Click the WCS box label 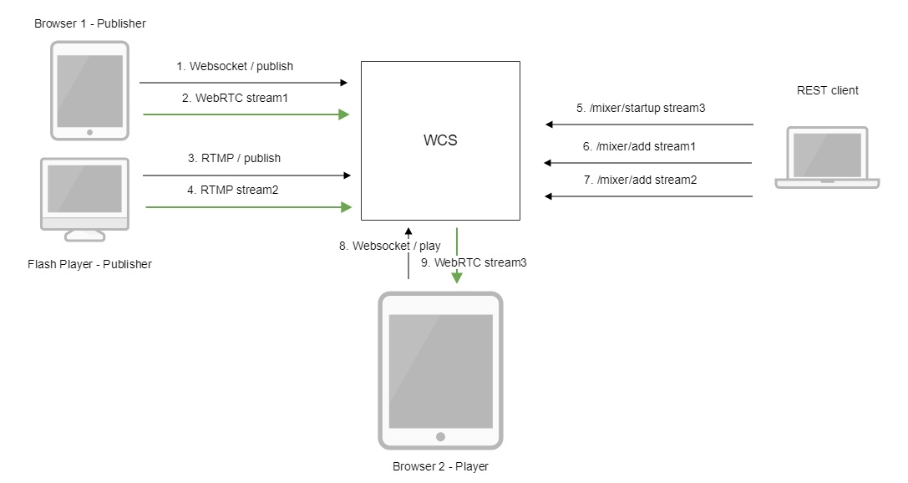point(440,140)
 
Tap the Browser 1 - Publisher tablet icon point(90,90)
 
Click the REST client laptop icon point(826,158)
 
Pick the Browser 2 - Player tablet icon point(440,370)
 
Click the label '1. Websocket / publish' point(235,66)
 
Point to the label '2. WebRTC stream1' point(235,98)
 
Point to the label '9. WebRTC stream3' point(474,262)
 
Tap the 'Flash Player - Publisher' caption point(89,264)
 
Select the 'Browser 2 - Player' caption point(440,466)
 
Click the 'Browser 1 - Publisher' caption point(90,23)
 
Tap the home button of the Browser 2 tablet point(440,436)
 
